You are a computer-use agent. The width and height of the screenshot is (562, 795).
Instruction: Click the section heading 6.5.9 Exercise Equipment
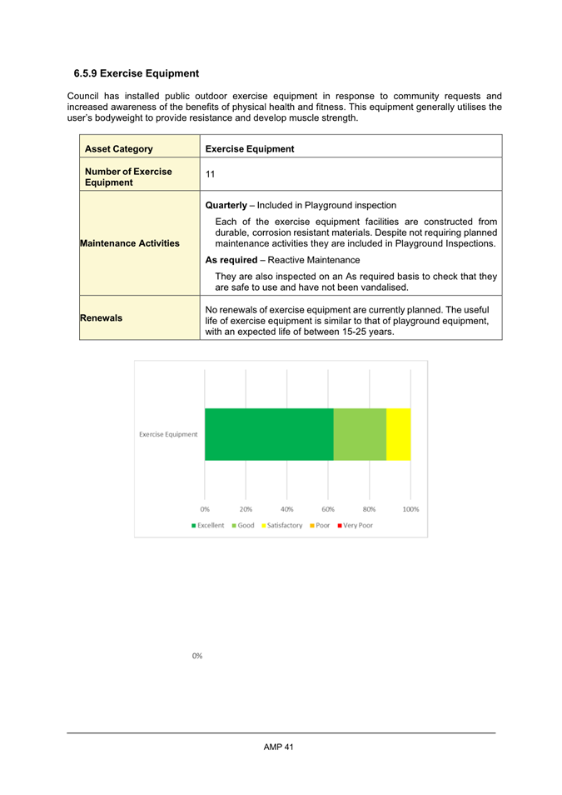click(x=136, y=73)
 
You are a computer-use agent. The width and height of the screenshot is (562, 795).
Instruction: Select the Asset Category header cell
click(x=117, y=149)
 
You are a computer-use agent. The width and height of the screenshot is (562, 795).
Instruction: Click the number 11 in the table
click(x=211, y=174)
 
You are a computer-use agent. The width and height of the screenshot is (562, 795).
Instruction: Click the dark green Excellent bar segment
click(x=268, y=434)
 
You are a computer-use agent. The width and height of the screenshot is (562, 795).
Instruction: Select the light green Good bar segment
click(x=360, y=434)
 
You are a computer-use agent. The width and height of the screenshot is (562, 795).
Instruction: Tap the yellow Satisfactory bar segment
click(x=398, y=434)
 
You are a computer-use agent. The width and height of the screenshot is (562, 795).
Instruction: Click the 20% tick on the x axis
click(x=246, y=508)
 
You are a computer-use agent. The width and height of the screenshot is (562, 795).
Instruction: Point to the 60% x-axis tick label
click(x=328, y=508)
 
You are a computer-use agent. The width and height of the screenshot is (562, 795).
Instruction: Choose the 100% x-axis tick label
click(x=410, y=508)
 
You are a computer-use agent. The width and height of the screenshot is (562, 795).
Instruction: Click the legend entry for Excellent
click(x=208, y=525)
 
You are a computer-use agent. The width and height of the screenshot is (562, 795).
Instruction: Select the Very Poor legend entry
click(x=355, y=525)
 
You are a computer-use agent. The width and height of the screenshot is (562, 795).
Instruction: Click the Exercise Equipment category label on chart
click(x=168, y=434)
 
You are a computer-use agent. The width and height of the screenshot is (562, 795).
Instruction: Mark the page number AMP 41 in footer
click(x=279, y=747)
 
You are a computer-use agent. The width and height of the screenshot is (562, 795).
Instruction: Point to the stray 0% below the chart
click(x=197, y=656)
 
